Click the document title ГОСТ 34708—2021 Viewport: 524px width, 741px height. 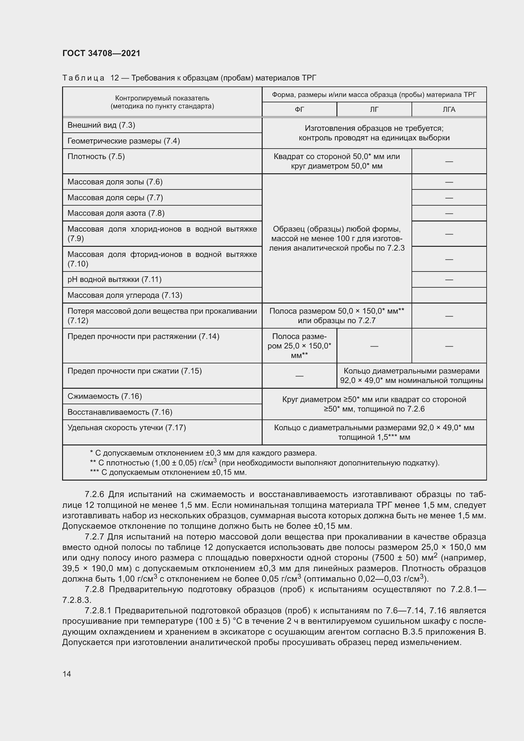(101, 53)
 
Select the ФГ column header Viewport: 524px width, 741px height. (299, 109)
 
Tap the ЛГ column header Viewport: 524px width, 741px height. (374, 109)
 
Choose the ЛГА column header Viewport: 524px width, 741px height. (449, 109)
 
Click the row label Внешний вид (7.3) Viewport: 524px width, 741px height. (101, 125)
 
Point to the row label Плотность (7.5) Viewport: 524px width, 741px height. (96, 157)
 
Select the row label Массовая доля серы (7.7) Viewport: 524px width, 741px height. (115, 197)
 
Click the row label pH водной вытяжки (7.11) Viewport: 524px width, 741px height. (115, 279)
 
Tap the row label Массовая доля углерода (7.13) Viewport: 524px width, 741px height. (125, 295)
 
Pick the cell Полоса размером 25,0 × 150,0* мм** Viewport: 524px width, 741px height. (299, 346)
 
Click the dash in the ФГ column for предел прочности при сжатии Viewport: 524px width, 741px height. (299, 376)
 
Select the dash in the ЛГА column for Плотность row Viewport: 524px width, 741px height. (449, 161)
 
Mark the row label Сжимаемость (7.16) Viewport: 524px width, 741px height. (105, 396)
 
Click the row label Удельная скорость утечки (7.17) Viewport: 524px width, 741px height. (126, 428)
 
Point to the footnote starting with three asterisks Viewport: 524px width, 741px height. (168, 472)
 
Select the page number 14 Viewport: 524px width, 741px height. (67, 674)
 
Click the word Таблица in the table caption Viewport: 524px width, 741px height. (83, 78)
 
